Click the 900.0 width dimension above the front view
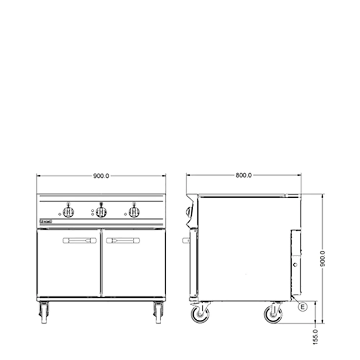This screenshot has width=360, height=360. tap(101, 176)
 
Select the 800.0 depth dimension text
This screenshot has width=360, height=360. tap(244, 175)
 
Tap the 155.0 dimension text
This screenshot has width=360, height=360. tap(316, 336)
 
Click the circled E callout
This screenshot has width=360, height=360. tap(303, 307)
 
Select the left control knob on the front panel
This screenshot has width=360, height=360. tap(68, 212)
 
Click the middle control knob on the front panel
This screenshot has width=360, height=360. tap(102, 212)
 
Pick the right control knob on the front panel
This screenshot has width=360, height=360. tap(134, 212)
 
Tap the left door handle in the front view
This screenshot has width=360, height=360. tap(80, 240)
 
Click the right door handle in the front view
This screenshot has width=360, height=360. tap(123, 240)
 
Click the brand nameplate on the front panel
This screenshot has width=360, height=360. tap(46, 221)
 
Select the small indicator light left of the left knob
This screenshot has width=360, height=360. tap(60, 214)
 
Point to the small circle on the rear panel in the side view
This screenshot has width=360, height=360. tap(295, 265)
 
